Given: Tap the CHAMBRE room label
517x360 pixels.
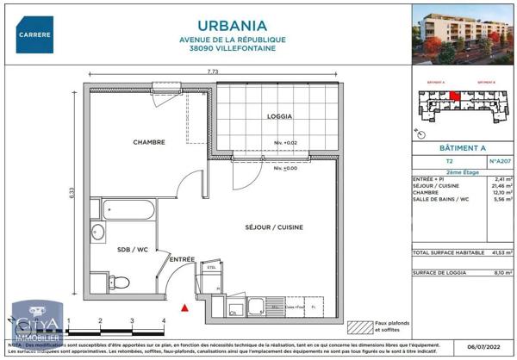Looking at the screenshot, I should [x=148, y=142].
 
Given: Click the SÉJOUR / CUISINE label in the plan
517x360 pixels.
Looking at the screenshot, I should [x=273, y=227].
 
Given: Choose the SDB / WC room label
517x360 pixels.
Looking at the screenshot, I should [x=134, y=249].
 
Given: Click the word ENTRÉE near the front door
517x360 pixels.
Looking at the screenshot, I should [x=182, y=259].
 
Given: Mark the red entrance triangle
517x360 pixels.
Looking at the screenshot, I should [x=184, y=307].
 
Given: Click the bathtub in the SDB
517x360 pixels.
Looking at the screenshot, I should [x=128, y=210].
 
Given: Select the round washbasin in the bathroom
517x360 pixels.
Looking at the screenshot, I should [x=97, y=232].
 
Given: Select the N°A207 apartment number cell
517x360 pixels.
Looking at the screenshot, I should [x=500, y=161].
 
